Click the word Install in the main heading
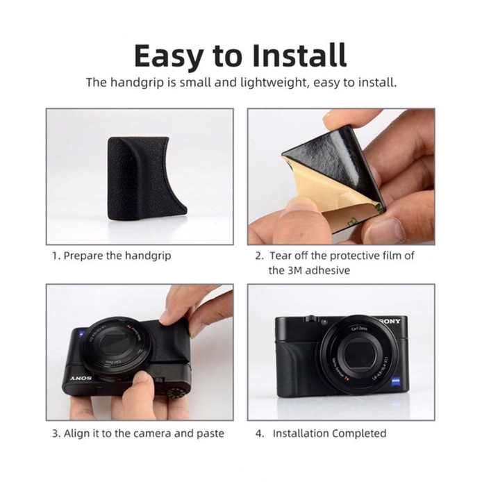tap(299, 56)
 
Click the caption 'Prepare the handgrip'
tap(117, 256)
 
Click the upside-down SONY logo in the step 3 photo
tap(82, 378)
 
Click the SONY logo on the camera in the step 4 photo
tap(390, 321)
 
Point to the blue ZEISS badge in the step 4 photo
tap(395, 381)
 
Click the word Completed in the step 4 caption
tap(359, 434)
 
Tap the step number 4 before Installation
tap(259, 434)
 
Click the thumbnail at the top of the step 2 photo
tap(335, 118)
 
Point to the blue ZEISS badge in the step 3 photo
tap(82, 333)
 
